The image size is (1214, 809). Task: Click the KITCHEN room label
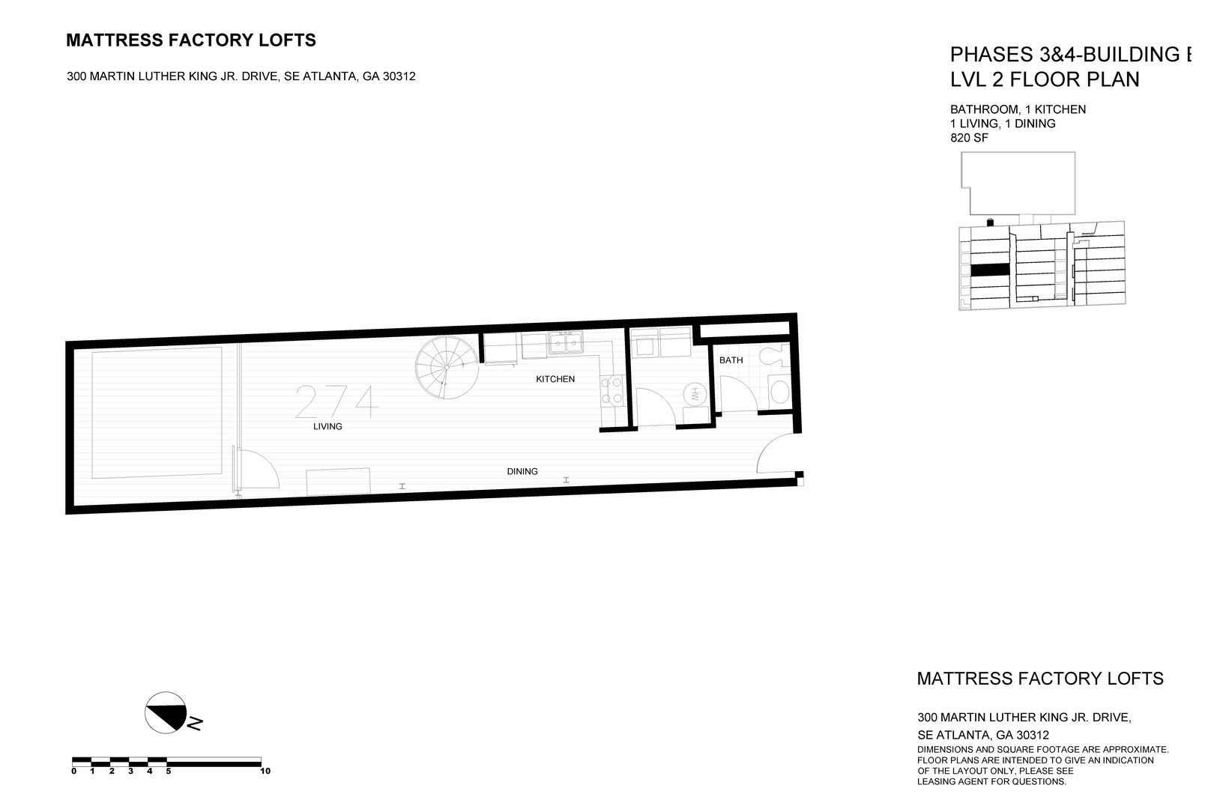(555, 379)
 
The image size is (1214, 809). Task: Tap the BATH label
(731, 360)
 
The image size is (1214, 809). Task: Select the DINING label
(522, 471)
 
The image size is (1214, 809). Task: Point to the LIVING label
(327, 426)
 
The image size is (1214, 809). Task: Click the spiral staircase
(447, 369)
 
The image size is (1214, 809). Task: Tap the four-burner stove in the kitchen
(611, 390)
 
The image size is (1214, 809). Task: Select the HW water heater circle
(695, 394)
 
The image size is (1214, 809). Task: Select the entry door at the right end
(776, 454)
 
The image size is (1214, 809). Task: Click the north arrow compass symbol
(166, 712)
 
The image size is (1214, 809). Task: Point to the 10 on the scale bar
(265, 771)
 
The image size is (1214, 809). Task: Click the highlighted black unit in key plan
(989, 270)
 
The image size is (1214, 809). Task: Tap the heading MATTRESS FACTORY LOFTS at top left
(191, 40)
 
